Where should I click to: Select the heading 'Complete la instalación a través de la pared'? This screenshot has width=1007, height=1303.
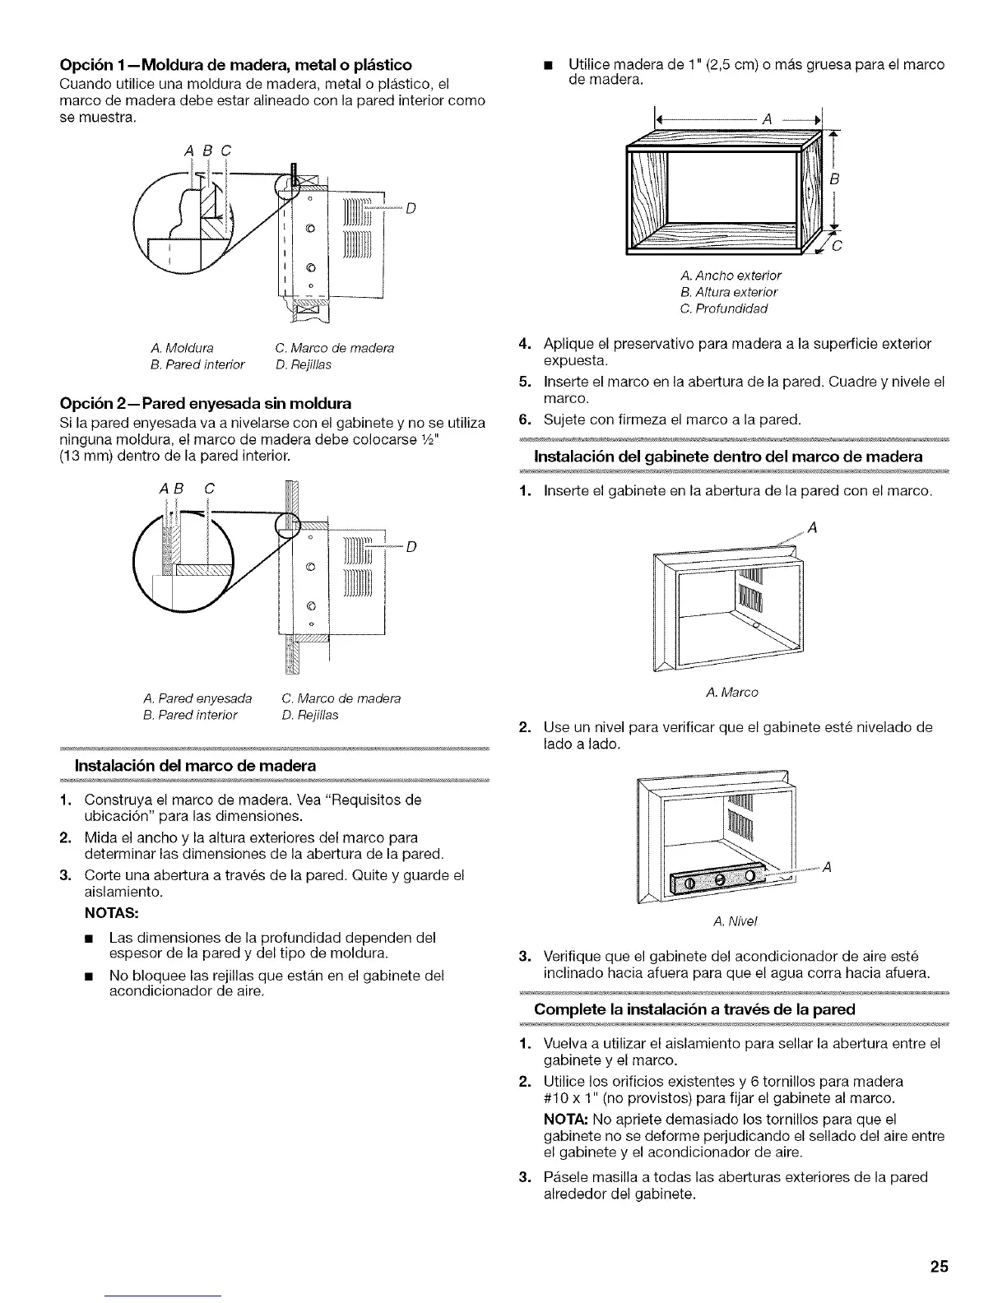click(x=695, y=1009)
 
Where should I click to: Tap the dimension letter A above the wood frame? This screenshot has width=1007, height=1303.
click(x=767, y=119)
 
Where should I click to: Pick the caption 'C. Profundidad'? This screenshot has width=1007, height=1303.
click(x=725, y=308)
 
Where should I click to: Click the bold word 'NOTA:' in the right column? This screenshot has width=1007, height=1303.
click(x=567, y=1119)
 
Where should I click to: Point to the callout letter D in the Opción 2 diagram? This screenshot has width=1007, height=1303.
click(x=411, y=546)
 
